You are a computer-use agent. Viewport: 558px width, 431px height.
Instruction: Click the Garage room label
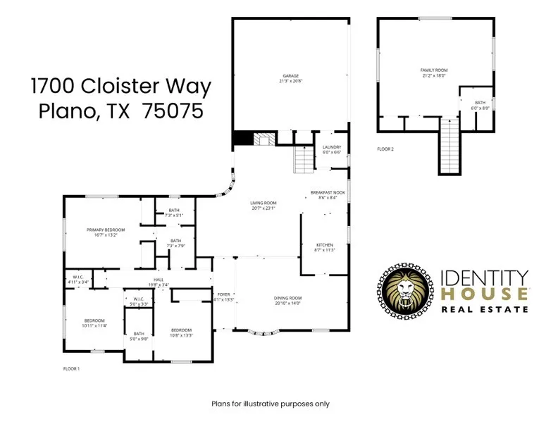290,77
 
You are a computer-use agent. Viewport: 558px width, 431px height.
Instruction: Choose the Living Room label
263,205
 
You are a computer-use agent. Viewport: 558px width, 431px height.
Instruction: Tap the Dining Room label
287,300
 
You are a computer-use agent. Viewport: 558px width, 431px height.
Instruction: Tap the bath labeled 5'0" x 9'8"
139,336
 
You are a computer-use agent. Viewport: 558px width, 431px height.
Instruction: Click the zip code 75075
173,111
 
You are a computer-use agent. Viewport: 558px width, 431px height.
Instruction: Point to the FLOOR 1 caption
71,368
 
